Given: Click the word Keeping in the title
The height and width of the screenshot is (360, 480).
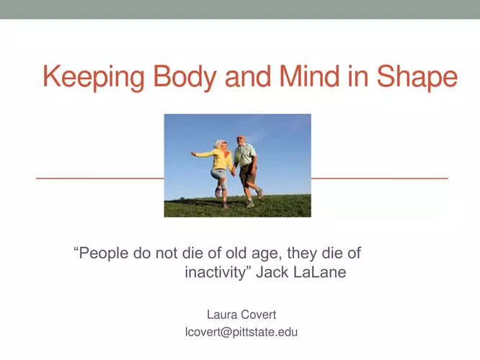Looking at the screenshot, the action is click(x=94, y=76).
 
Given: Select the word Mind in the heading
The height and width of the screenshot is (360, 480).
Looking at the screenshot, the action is click(x=309, y=76).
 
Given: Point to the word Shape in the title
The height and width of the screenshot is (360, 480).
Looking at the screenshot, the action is click(x=417, y=76).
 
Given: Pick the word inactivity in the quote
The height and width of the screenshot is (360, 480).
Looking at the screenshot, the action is click(x=215, y=272).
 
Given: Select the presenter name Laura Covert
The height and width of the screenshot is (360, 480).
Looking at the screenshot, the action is click(x=241, y=315).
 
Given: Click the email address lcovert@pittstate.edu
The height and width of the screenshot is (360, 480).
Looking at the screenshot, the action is click(x=241, y=332).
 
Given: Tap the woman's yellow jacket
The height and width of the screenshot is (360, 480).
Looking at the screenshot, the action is click(x=218, y=158).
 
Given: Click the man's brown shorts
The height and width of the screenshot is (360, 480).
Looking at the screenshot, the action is click(x=248, y=175).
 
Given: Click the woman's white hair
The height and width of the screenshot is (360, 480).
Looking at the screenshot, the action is click(x=219, y=144).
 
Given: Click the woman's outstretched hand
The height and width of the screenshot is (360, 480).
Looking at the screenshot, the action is click(x=193, y=153).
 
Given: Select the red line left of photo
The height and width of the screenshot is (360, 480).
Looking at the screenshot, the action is click(x=100, y=178).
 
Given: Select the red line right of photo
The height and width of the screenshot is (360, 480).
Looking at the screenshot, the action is click(x=380, y=178).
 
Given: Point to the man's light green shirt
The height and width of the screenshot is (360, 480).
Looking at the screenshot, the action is click(x=245, y=155).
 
